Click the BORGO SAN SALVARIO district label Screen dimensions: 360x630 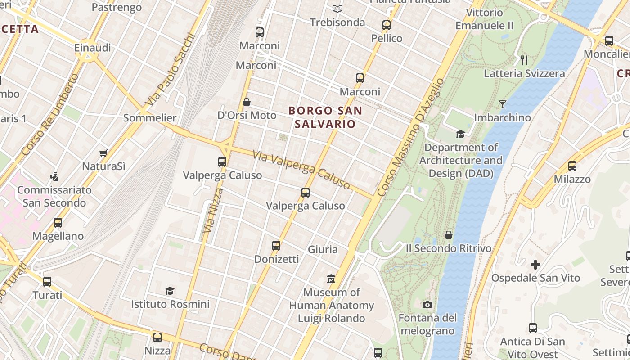(x=325, y=117)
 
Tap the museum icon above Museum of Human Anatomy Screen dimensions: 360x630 (x=331, y=279)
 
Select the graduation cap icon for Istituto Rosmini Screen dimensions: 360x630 (x=170, y=291)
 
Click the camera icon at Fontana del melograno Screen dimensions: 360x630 (x=427, y=305)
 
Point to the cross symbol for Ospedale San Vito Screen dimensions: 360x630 (x=535, y=264)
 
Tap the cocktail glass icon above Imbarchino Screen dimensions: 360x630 (x=502, y=104)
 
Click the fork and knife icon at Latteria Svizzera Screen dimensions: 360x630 (x=524, y=60)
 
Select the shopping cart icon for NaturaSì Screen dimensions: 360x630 (x=103, y=153)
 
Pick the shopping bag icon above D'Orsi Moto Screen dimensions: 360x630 (x=247, y=102)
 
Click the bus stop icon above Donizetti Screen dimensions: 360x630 (x=276, y=246)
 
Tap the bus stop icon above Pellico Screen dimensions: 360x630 (x=387, y=25)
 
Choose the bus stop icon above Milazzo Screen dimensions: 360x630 (x=572, y=166)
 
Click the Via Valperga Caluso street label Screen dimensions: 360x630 (x=301, y=170)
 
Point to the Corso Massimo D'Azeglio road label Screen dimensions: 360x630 (x=410, y=137)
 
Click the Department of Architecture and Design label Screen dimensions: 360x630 (x=461, y=160)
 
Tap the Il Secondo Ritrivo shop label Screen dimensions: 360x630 (x=448, y=248)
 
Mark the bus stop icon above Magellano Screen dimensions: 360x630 (x=58, y=223)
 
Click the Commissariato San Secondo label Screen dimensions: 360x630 (x=54, y=196)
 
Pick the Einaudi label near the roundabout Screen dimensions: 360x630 (x=93, y=48)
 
